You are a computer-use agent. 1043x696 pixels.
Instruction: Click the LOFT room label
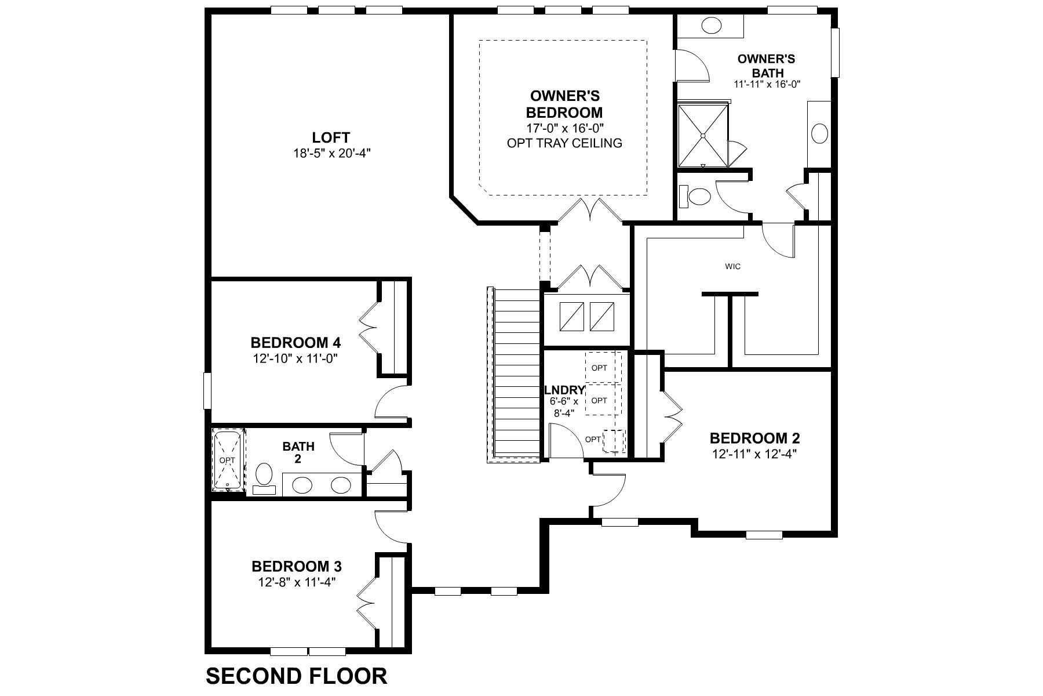331,138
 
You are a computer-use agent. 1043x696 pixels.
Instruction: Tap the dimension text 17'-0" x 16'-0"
564,128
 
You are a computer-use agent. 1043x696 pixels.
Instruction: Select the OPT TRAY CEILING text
564,143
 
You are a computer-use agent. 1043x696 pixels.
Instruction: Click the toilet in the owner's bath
695,197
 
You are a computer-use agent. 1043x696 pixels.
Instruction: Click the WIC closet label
732,267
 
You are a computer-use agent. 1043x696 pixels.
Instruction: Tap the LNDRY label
564,390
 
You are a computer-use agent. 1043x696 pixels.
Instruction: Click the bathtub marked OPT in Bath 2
228,460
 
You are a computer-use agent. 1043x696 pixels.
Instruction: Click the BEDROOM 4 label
296,342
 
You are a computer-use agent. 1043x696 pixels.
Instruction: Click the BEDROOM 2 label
755,438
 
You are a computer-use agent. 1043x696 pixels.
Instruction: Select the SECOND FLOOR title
297,676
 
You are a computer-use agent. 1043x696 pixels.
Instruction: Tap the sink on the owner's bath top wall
710,25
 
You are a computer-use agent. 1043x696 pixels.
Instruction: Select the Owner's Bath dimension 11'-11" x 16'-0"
767,84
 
